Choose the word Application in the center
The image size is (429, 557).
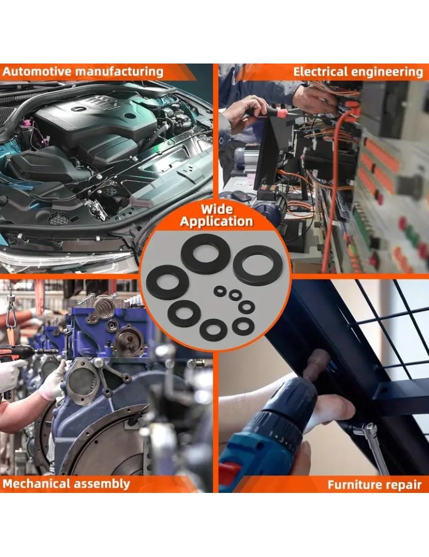(216, 222)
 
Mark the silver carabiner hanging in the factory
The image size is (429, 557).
(11, 316)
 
